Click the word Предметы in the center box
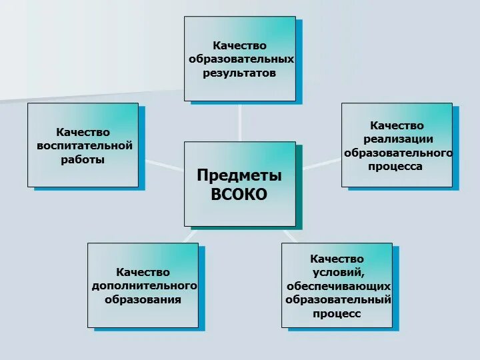click(239, 175)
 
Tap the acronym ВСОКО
click(239, 194)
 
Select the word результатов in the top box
click(239, 73)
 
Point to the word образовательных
click(241, 59)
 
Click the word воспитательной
click(84, 146)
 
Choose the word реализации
click(398, 139)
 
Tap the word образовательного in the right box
click(398, 153)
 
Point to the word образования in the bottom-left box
click(143, 299)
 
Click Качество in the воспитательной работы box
click(83, 132)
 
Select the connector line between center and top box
click(240, 121)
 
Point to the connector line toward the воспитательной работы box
click(161, 164)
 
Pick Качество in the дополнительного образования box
click(143, 272)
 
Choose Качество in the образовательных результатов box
click(239, 45)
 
